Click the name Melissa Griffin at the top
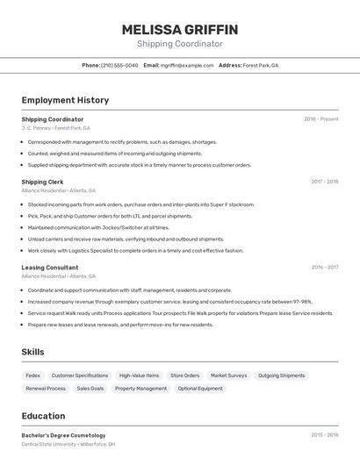click(180, 30)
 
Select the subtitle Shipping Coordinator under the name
click(180, 44)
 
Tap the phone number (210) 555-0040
click(119, 65)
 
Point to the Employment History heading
click(65, 100)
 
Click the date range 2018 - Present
click(320, 119)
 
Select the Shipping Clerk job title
click(42, 182)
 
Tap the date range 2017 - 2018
click(324, 182)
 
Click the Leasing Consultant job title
click(50, 268)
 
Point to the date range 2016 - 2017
click(324, 268)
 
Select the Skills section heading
click(33, 352)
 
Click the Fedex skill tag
click(33, 376)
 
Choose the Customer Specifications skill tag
click(80, 376)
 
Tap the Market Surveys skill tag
click(228, 376)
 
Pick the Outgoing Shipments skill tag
click(282, 376)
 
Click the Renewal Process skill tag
click(46, 388)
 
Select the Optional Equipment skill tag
click(200, 388)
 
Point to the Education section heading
click(43, 416)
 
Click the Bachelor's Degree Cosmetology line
click(63, 435)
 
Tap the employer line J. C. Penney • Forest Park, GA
click(55, 128)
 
